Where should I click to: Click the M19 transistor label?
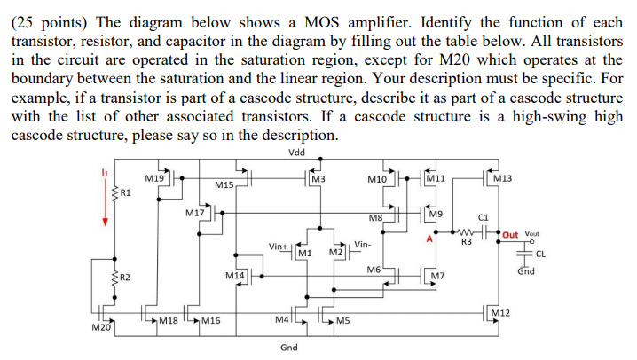tap(153, 178)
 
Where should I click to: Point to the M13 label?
tap(501, 179)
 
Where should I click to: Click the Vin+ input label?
tap(278, 245)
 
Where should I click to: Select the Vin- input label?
tap(362, 245)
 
